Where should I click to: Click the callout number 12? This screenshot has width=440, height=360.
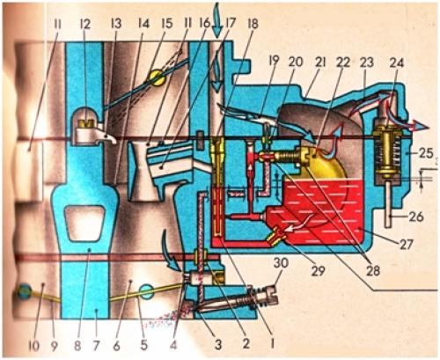85,24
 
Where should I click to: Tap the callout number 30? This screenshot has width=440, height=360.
281,263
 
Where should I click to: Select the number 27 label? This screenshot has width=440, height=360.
406,244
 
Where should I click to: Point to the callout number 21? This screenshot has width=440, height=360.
319,62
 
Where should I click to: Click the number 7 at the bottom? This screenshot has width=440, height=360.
96,346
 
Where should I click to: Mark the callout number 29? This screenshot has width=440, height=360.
319,270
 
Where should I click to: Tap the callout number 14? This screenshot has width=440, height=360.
143,24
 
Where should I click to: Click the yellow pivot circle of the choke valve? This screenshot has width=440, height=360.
156,77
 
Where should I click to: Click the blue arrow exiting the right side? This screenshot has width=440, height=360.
416,125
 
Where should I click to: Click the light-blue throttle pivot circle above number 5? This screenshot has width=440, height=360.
145,292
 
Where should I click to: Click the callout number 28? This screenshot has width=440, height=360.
373,270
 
